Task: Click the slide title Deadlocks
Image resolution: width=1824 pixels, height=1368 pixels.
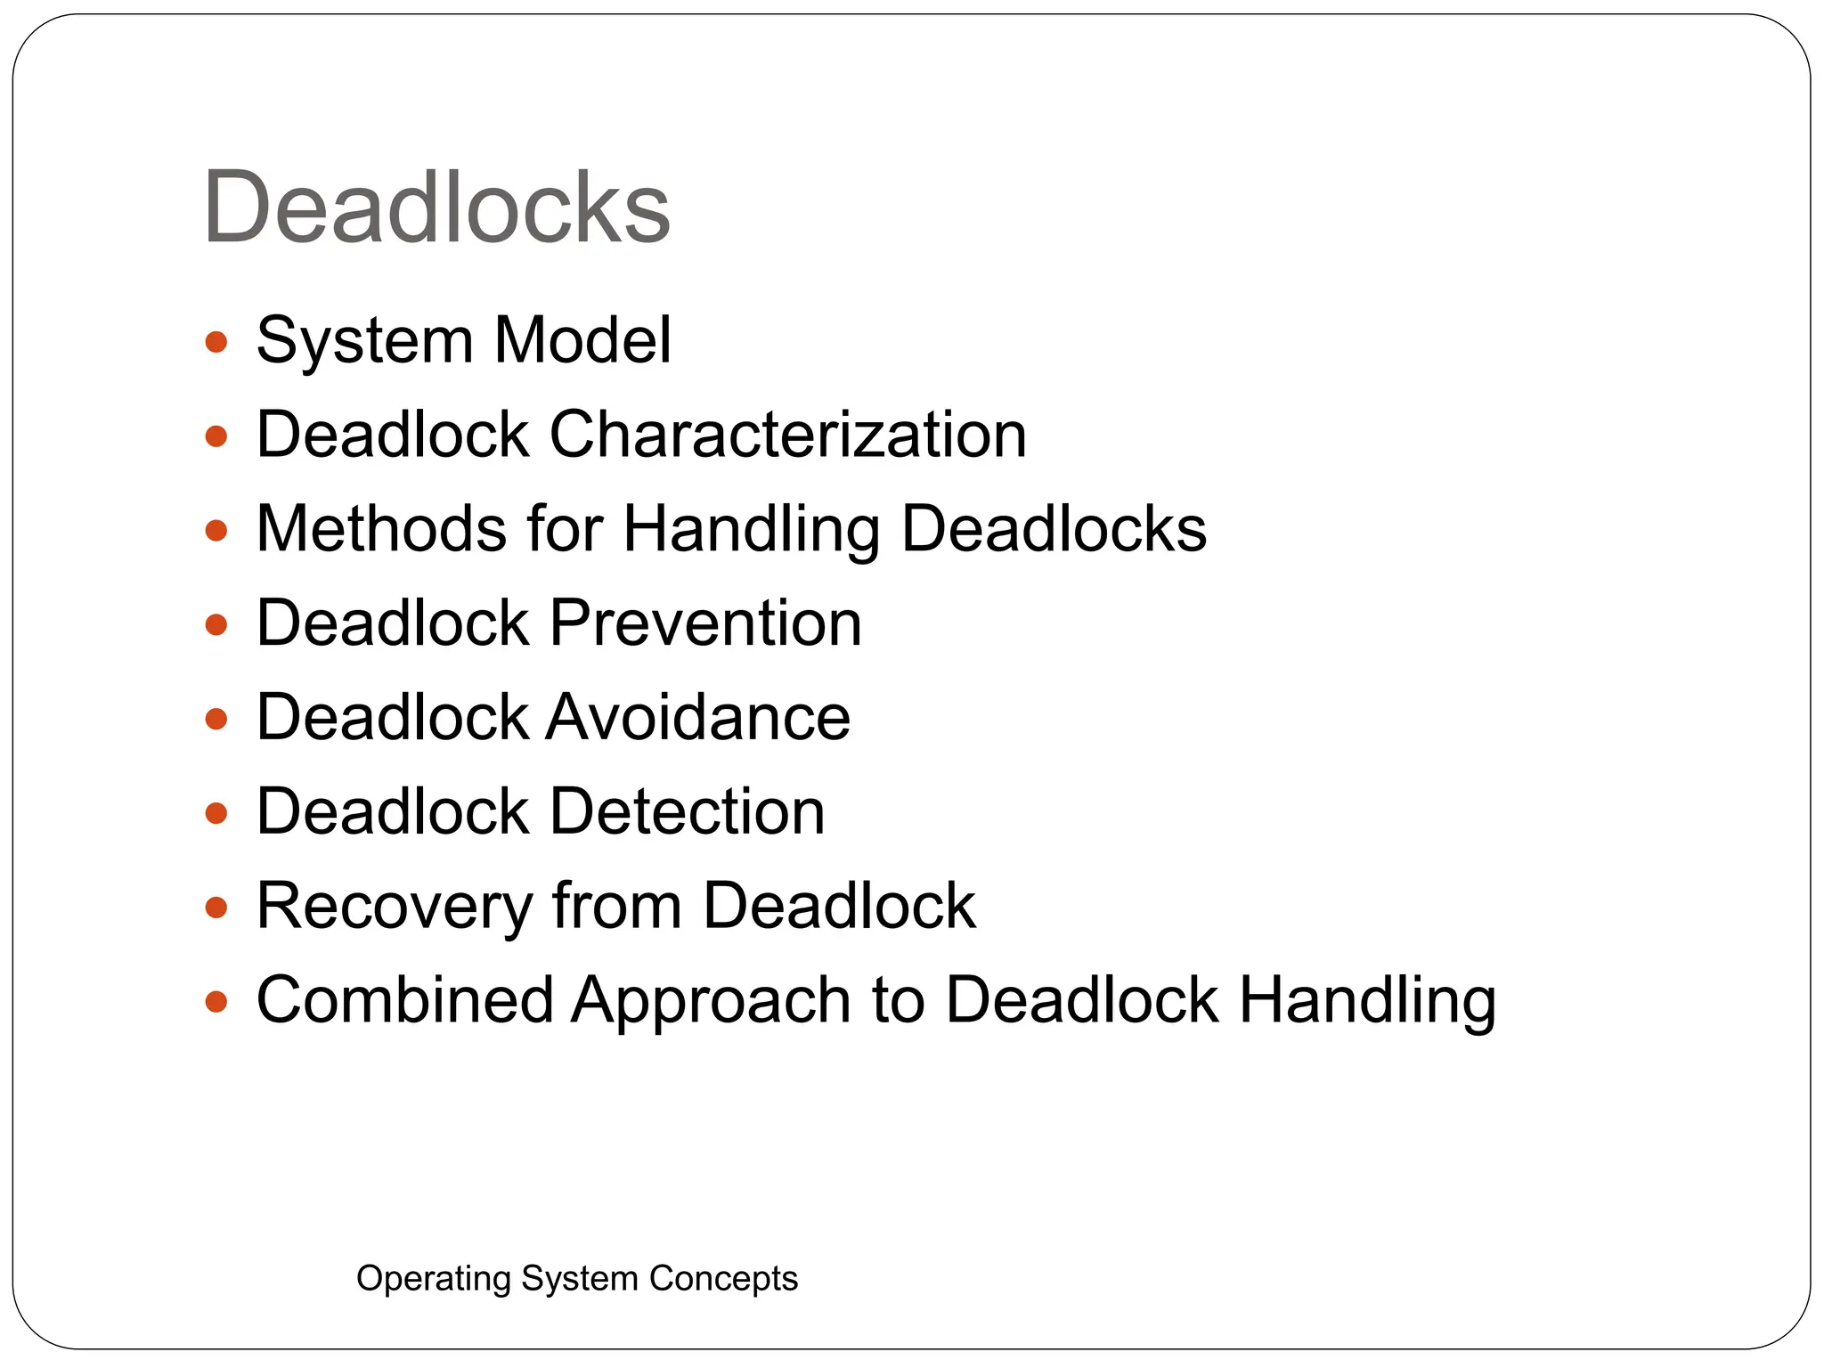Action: pyautogui.click(x=436, y=208)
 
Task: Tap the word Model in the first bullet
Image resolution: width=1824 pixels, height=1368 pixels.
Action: pyautogui.click(x=582, y=340)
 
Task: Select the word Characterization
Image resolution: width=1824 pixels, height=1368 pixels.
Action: pyautogui.click(x=787, y=435)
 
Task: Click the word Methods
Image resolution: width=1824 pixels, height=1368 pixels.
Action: pyautogui.click(x=381, y=529)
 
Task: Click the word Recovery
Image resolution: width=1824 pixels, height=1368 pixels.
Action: pyautogui.click(x=394, y=907)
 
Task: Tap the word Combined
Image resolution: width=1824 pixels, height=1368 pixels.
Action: pyautogui.click(x=404, y=1000)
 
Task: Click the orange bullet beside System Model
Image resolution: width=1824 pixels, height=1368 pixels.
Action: pyautogui.click(x=216, y=342)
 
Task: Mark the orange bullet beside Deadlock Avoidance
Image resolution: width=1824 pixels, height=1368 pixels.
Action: pyautogui.click(x=216, y=719)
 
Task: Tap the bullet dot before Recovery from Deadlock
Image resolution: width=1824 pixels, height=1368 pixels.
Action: pyautogui.click(x=216, y=908)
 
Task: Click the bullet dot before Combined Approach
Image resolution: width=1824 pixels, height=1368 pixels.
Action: pyautogui.click(x=216, y=1002)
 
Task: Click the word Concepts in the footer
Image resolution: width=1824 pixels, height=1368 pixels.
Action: pyautogui.click(x=722, y=1279)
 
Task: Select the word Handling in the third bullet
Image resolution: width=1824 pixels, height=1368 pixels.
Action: pyautogui.click(x=751, y=531)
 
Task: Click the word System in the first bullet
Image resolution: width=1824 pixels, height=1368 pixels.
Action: pyautogui.click(x=364, y=342)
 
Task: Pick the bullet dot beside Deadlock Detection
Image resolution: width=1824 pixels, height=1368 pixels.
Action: pyautogui.click(x=216, y=813)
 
